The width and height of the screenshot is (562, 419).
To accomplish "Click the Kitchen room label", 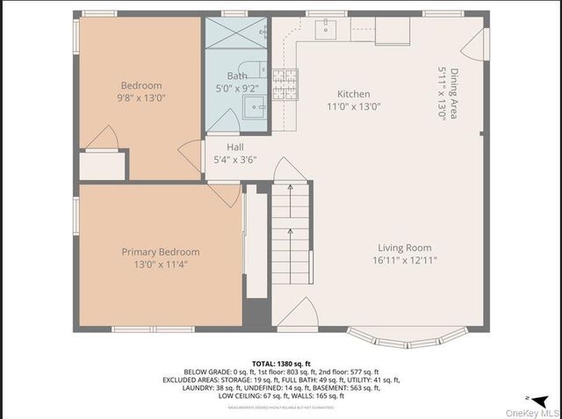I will point(354,94).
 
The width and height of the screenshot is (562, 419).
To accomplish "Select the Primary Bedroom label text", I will point(161,251).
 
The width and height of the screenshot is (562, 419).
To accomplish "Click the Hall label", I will point(234,147).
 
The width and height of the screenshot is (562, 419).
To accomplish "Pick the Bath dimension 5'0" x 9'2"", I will point(237,88).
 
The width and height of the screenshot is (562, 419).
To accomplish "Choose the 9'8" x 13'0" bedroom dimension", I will point(142,98).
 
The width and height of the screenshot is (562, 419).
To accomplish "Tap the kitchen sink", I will point(326,29).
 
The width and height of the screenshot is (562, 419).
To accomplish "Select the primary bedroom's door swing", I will point(225,194).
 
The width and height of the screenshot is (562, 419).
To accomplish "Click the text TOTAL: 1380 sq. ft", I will point(280,363).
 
